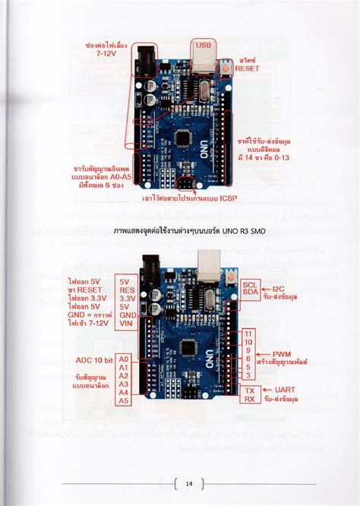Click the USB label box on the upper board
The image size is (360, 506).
(204, 44)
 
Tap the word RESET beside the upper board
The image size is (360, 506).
(247, 68)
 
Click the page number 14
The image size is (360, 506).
(189, 483)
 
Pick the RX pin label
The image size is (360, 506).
(249, 400)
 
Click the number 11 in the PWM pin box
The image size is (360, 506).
(249, 334)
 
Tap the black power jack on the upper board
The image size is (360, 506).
(144, 56)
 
